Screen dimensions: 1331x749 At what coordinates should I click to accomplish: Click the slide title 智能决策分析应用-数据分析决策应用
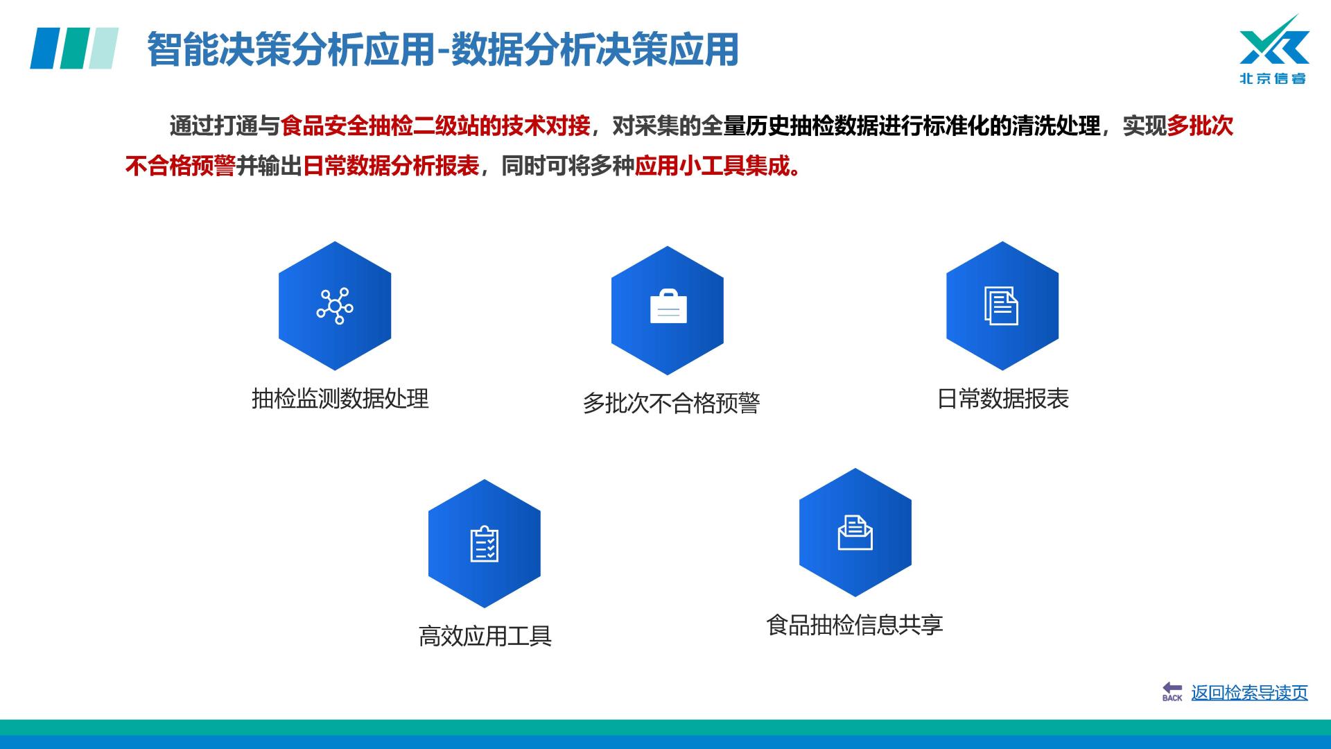(x=442, y=49)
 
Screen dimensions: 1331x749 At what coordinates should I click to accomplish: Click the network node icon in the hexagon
(x=335, y=306)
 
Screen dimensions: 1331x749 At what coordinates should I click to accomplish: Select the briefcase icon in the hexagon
(x=668, y=306)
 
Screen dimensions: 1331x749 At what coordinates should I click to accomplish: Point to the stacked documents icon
(x=1002, y=306)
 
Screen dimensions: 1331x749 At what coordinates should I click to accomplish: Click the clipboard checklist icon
(x=485, y=544)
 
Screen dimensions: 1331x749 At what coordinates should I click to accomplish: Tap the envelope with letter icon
(x=855, y=533)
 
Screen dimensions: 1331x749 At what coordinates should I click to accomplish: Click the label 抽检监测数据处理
(x=340, y=399)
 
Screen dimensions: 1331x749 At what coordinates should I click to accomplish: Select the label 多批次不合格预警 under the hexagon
(x=671, y=403)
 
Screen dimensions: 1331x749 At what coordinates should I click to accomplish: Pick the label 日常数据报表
(x=1003, y=399)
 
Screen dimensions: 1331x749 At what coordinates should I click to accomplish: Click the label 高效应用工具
(x=485, y=636)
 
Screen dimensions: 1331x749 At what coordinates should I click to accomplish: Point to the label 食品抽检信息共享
(x=855, y=625)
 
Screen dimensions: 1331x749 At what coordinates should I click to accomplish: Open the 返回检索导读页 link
(x=1249, y=693)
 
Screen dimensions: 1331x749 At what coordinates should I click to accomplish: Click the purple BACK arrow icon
(x=1172, y=691)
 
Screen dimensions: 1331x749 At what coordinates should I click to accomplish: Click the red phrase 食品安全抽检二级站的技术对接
(x=435, y=126)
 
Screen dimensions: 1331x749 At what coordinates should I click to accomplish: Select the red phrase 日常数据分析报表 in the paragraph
(x=391, y=166)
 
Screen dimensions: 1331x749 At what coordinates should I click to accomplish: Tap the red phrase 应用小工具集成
(x=713, y=166)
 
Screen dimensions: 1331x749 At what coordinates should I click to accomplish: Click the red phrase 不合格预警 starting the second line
(x=180, y=166)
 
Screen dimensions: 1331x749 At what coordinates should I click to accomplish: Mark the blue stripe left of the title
(x=46, y=49)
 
